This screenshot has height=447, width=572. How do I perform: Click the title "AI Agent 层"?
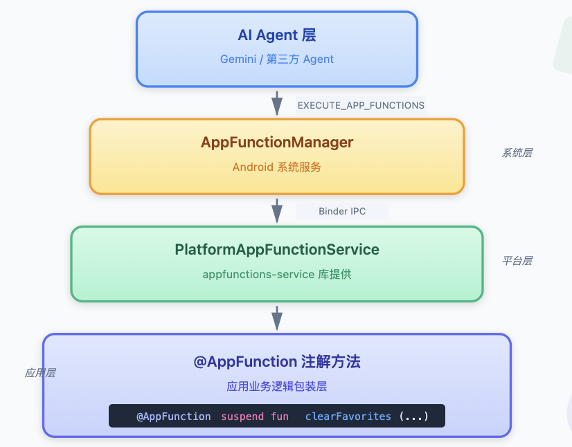click(277, 35)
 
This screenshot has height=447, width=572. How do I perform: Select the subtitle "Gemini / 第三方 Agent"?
click(277, 59)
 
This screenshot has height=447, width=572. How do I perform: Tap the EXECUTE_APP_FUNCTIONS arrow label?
click(361, 105)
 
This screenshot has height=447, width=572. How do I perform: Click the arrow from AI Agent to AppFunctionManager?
click(277, 104)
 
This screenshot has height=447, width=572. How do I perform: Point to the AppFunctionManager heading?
click(277, 143)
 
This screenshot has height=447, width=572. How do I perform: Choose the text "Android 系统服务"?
click(277, 167)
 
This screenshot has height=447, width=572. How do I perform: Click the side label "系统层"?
click(517, 153)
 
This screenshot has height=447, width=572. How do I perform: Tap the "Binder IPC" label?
click(342, 212)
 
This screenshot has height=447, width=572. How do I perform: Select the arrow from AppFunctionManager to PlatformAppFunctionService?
click(277, 211)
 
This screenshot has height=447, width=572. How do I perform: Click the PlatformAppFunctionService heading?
click(277, 250)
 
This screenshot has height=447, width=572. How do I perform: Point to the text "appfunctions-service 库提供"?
click(277, 274)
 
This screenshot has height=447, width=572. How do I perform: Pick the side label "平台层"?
click(517, 261)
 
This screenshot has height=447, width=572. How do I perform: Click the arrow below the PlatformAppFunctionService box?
click(277, 318)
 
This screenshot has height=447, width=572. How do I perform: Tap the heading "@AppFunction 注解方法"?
click(277, 362)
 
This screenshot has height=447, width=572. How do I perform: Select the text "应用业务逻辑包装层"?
click(277, 386)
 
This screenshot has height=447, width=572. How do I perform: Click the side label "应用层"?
click(40, 373)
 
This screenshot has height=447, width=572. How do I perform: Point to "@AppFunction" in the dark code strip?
click(174, 417)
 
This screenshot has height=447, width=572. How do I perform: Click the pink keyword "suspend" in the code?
click(242, 417)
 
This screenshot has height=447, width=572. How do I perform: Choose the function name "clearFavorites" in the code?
click(348, 417)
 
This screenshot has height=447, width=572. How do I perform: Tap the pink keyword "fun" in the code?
click(280, 417)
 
